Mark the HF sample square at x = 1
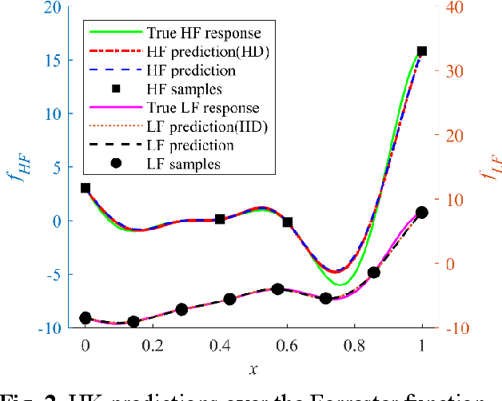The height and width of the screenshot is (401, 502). click(422, 51)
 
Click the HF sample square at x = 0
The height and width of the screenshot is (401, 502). click(86, 189)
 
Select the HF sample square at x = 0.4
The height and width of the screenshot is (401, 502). click(220, 219)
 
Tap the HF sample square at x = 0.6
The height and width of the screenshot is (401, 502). click(288, 222)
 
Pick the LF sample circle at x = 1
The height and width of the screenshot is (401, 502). click(422, 212)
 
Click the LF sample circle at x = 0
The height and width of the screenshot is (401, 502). click(86, 318)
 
